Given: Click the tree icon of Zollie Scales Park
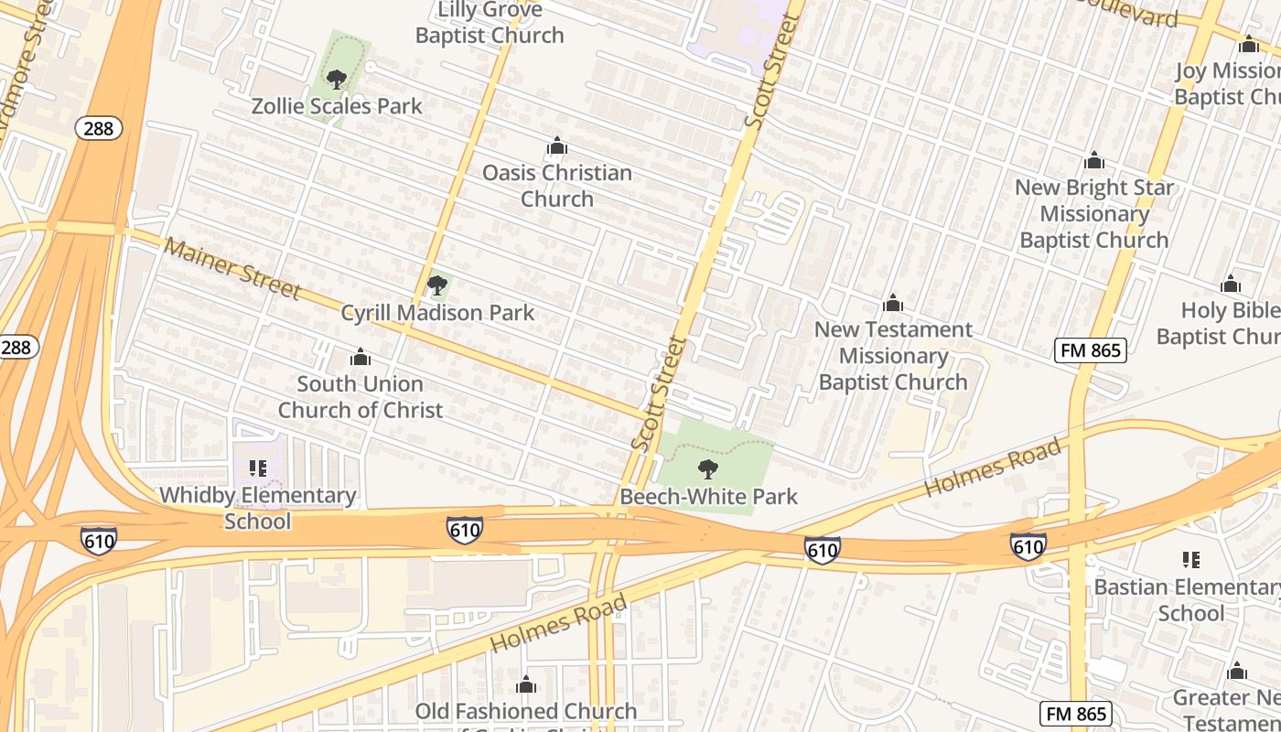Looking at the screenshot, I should [337, 80].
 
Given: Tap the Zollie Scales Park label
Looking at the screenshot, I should [337, 106].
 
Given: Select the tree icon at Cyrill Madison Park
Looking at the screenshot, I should [437, 285].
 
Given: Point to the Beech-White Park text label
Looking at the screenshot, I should [708, 497].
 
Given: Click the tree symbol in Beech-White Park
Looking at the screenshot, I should [707, 470].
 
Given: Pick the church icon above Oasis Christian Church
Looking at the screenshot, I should [556, 146].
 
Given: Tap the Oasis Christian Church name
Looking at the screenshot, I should [556, 186].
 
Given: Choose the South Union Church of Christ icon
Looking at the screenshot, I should [361, 357].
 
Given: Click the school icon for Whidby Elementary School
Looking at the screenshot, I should [258, 468].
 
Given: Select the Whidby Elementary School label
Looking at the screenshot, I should [258, 508].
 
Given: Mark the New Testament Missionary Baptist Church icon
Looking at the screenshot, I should [893, 303].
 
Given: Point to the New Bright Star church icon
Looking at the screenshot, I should [1093, 161].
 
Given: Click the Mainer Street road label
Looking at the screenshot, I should [232, 268].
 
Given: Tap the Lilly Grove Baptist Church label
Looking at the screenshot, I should [490, 24].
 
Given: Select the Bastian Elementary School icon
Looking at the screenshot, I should [1190, 560].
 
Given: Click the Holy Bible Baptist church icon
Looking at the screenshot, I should [1231, 284].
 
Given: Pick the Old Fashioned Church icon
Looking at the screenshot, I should [525, 685].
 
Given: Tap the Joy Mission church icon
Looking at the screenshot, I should [1248, 44].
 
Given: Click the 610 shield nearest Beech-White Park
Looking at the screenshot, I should [822, 549].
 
